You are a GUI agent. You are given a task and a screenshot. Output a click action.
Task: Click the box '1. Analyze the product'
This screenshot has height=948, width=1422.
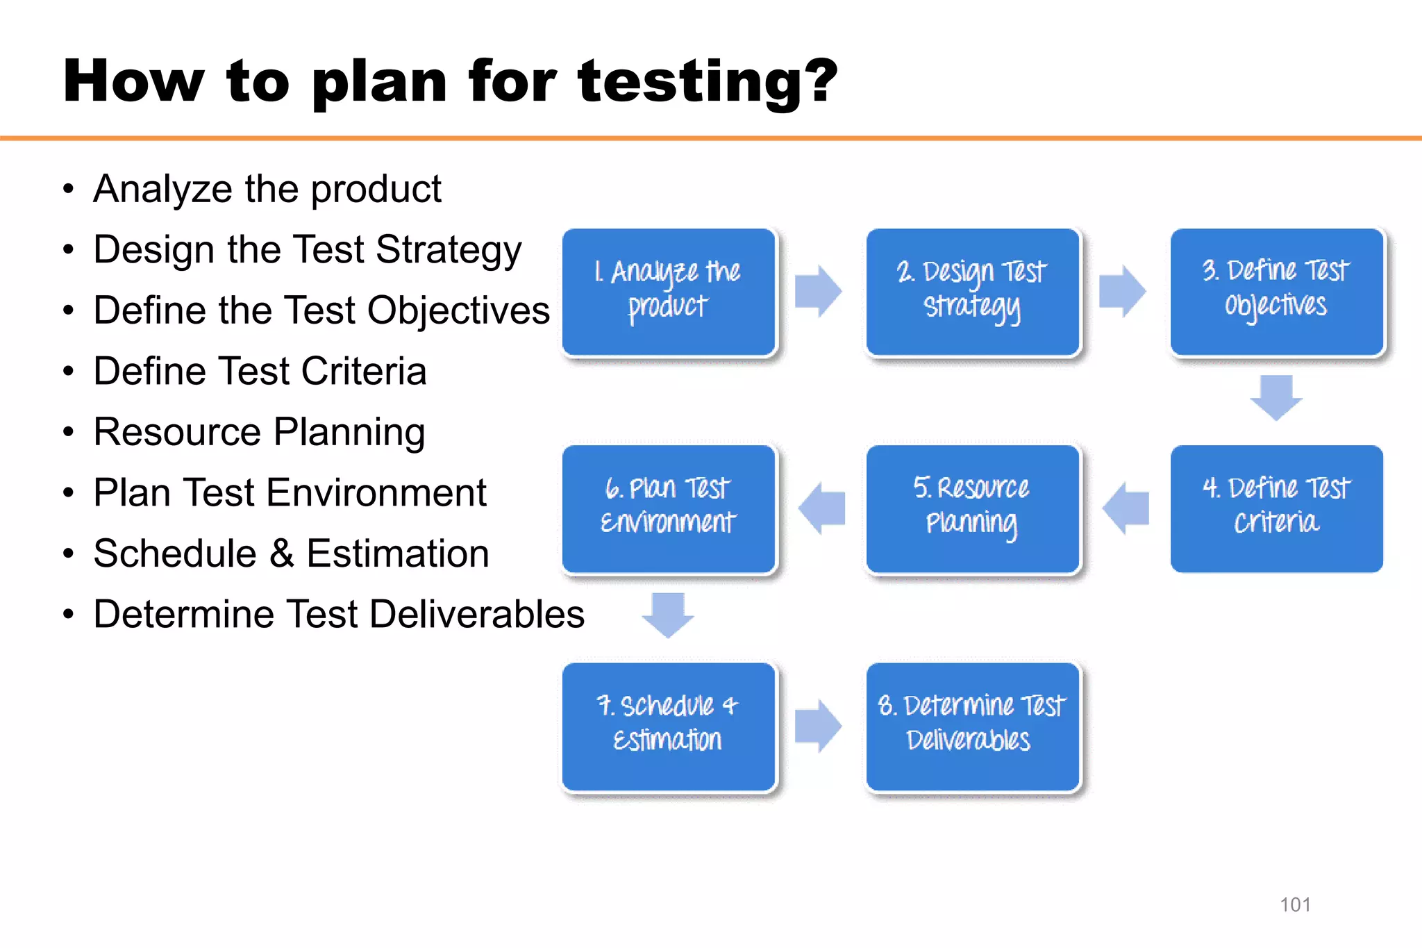669,292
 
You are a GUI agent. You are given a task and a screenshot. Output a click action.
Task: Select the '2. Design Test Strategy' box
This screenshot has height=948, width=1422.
972,292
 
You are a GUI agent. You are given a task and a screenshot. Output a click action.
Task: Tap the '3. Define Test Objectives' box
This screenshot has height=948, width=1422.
1276,292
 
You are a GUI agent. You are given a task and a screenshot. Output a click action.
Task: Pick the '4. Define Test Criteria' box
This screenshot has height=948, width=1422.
1276,508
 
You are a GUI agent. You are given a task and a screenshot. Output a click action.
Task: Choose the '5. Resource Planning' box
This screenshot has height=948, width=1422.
972,508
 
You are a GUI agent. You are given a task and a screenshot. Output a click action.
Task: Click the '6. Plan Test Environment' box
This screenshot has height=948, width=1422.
669,508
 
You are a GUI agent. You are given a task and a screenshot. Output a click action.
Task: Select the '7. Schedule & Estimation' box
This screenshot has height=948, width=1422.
669,726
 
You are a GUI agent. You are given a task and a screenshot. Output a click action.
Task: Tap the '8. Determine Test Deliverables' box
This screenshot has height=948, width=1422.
972,726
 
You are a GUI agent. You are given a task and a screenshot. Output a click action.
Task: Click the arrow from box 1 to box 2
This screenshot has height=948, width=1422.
818,291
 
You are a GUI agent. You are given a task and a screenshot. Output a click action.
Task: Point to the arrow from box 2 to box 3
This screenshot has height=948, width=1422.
1122,291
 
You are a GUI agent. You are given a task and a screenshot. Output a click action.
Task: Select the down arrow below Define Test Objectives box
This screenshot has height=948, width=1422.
1276,397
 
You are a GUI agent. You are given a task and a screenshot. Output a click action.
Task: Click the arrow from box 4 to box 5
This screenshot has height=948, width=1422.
1126,508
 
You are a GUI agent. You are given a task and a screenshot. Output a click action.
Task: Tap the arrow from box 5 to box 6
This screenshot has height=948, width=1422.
822,508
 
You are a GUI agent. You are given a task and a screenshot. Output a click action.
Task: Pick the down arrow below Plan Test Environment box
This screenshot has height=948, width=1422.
668,615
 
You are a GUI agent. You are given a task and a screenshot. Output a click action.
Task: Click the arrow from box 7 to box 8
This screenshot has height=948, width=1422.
818,726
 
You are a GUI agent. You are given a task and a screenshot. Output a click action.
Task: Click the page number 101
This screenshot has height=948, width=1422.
1295,904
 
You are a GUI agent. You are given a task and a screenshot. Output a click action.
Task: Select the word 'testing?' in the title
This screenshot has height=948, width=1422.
708,82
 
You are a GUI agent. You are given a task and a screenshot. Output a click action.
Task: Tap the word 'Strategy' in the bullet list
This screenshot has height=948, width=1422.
449,251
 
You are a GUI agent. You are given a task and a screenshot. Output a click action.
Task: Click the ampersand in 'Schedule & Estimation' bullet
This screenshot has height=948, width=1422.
281,554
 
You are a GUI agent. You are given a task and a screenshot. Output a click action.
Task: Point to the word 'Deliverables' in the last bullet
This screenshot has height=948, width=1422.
477,614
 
